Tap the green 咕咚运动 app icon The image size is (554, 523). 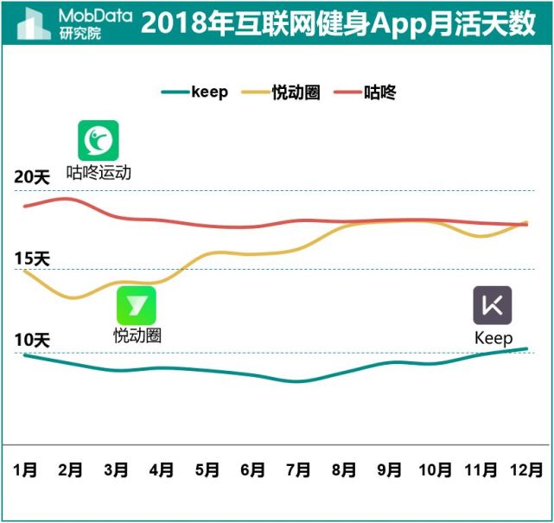tap(99, 140)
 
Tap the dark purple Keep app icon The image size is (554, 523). tap(493, 306)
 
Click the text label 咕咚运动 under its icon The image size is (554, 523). tap(99, 172)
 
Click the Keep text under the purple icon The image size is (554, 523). tap(494, 338)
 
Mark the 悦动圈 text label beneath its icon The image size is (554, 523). tap(137, 335)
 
